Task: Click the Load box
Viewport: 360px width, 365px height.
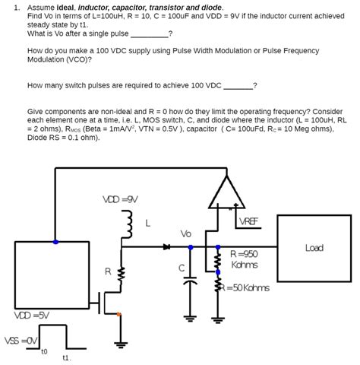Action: point(314,248)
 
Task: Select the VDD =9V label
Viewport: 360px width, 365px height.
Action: point(120,199)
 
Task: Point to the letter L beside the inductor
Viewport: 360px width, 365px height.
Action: point(147,224)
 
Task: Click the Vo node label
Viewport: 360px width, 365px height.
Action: point(186,233)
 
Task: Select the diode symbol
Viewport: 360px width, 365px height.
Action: point(166,246)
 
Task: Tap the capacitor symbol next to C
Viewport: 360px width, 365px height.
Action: point(190,281)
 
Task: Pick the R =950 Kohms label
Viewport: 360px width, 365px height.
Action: point(244,259)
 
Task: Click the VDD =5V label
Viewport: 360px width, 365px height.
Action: point(32,315)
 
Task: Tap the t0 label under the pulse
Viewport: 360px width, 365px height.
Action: point(44,351)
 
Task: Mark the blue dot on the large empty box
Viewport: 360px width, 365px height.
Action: point(55,242)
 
